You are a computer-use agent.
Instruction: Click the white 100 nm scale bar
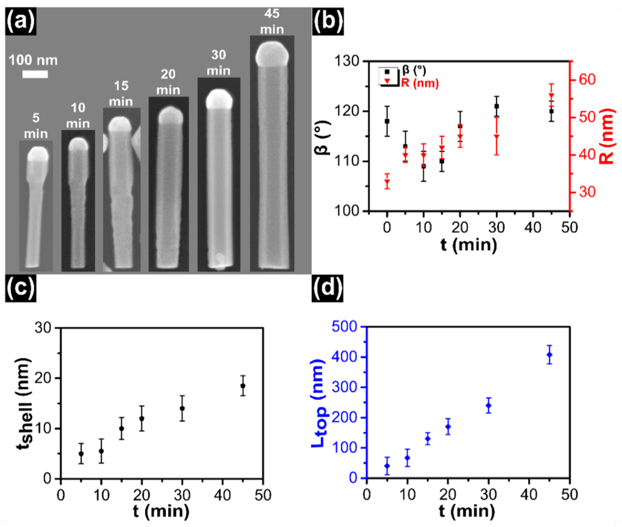tap(35, 74)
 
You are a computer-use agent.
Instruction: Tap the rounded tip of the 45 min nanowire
tap(272, 54)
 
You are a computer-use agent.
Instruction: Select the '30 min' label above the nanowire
tap(219, 63)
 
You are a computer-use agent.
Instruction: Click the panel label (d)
tap(327, 288)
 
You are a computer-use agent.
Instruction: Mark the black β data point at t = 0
tap(387, 121)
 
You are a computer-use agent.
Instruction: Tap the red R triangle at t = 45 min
tap(552, 96)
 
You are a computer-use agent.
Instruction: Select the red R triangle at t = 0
tap(387, 182)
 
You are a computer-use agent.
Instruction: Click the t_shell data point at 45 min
tap(243, 386)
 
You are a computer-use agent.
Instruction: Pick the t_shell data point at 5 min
tap(81, 454)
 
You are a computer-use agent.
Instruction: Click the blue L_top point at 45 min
tap(549, 355)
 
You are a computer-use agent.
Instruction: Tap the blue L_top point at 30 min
tap(488, 405)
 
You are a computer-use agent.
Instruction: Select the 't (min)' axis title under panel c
tap(161, 511)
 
